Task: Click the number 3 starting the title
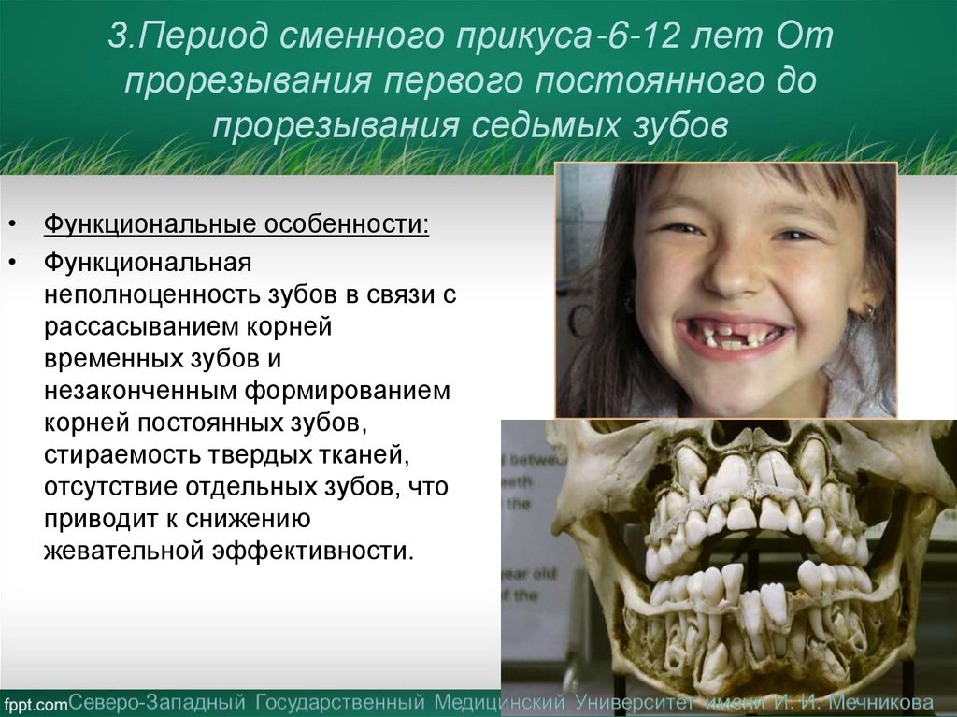[116, 38]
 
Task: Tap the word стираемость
[114, 455]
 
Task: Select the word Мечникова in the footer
[874, 701]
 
